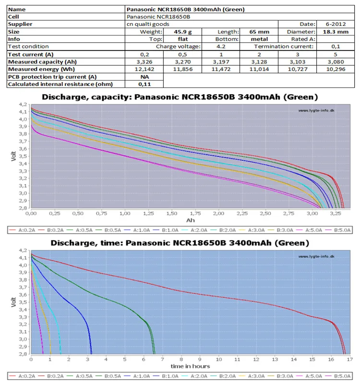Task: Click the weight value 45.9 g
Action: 183,32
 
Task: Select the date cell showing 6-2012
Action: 336,24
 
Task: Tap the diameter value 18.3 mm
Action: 336,32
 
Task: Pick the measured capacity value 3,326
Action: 144,62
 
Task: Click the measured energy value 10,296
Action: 336,69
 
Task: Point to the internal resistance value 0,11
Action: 144,84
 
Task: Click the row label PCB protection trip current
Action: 52,77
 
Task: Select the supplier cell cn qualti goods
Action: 148,24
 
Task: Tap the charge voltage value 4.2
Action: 221,47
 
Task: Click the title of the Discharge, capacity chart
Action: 180,97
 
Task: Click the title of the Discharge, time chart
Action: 180,243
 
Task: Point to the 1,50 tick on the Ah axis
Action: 172,214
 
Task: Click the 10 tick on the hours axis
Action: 219,360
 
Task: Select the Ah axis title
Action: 191,220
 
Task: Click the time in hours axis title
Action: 190,366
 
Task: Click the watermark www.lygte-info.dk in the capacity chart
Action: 316,111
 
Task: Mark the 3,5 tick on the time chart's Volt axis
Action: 23,302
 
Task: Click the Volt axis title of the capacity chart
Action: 13,156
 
